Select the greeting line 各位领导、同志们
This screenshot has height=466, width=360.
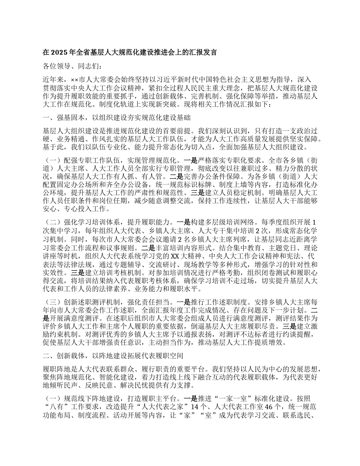click(x=72, y=67)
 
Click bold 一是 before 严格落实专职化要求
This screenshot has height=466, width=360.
click(x=190, y=160)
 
